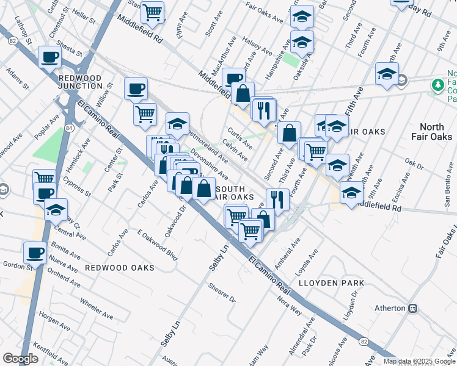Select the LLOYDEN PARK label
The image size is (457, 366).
332,283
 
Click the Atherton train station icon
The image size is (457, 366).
413,309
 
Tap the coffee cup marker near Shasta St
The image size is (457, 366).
49,58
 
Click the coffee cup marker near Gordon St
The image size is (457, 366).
34,253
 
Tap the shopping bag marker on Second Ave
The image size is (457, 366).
289,132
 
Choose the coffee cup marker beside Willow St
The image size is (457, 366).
136,89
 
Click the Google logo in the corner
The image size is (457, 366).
20,359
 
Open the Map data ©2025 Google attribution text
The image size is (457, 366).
419,361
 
